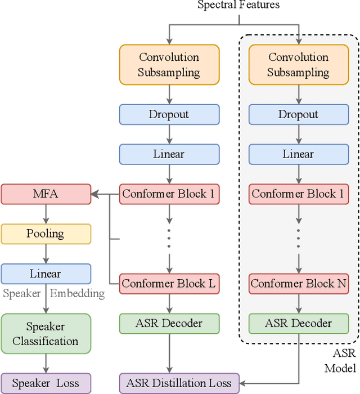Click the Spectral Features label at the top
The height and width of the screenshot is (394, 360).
[238, 5]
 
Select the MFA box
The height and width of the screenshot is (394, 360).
[46, 194]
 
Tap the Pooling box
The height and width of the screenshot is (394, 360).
[46, 234]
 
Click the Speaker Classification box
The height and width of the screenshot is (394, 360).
[46, 334]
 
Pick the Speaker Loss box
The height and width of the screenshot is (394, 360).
[46, 383]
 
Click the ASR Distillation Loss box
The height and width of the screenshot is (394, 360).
[179, 383]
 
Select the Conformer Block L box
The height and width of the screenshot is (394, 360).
[169, 284]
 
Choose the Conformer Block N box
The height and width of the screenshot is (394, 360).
[298, 284]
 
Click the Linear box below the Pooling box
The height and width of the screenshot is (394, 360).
[46, 274]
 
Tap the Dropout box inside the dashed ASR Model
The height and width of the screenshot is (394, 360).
[298, 114]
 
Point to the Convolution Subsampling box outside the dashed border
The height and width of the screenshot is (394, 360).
[169, 65]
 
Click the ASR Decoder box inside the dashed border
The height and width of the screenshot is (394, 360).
[298, 324]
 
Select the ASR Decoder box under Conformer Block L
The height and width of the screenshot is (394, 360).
[169, 324]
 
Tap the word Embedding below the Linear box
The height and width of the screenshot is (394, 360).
[77, 293]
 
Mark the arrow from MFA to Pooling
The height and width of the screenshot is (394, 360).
[46, 214]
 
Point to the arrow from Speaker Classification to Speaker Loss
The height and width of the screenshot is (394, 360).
[46, 363]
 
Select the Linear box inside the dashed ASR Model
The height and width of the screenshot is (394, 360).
[298, 154]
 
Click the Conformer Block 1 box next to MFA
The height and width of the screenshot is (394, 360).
[169, 194]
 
